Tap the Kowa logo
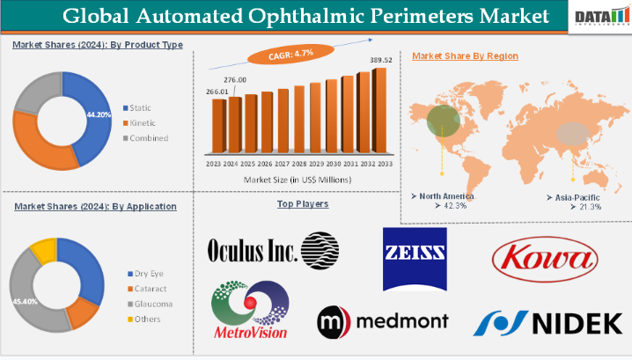pyautogui.click(x=544, y=257)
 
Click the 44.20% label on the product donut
pyautogui.click(x=99, y=114)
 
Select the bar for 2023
pyautogui.click(x=217, y=127)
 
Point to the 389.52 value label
pyautogui.click(x=379, y=61)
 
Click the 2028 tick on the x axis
pyautogui.click(x=299, y=164)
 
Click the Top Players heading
pyautogui.click(x=303, y=204)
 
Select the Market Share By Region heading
pyautogui.click(x=465, y=55)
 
